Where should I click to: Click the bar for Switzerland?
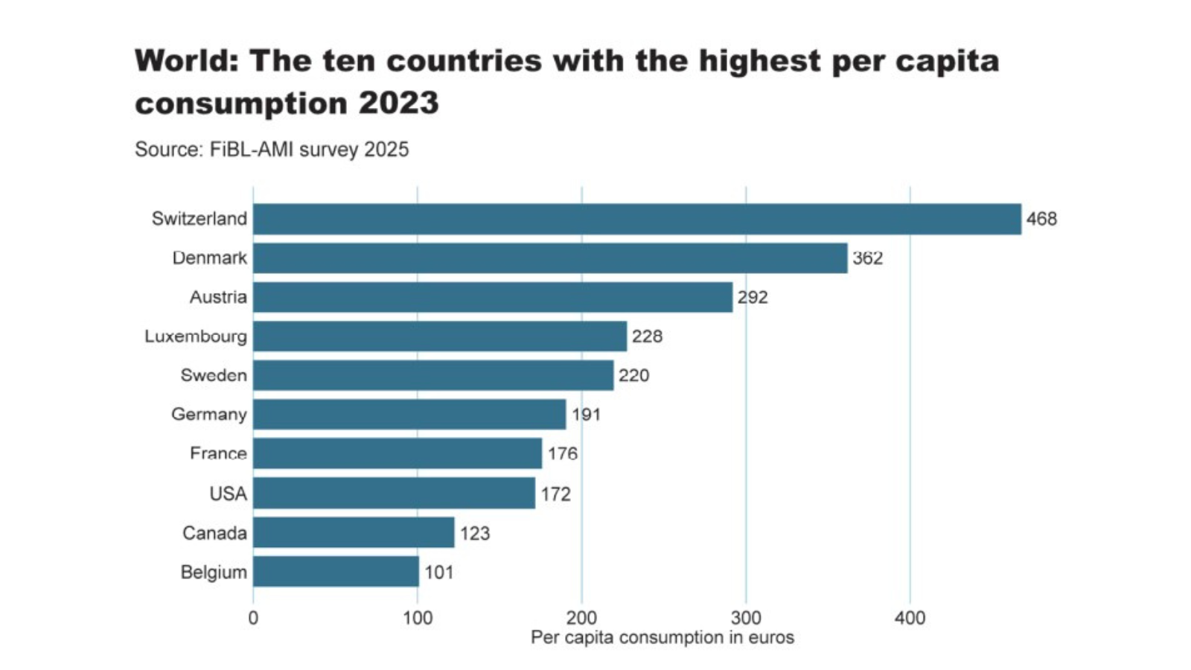[636, 219]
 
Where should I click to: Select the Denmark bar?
[550, 258]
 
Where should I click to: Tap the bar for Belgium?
[336, 572]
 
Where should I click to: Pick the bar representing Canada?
[354, 532]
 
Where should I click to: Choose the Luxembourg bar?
[440, 336]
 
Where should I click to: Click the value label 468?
[1041, 219]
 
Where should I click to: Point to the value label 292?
[753, 297]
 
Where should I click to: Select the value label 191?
[586, 415]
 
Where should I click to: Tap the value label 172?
[555, 494]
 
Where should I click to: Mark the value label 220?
[633, 375]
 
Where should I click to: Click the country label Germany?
[209, 414]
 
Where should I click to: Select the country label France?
[218, 453]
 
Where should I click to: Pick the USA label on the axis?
[228, 494]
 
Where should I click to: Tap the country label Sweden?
[214, 375]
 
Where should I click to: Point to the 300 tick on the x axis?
[746, 618]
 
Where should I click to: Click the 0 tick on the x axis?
[253, 618]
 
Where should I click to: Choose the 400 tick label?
[910, 618]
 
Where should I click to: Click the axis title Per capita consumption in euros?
[662, 637]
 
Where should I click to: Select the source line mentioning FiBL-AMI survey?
[272, 150]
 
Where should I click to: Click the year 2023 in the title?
[399, 103]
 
